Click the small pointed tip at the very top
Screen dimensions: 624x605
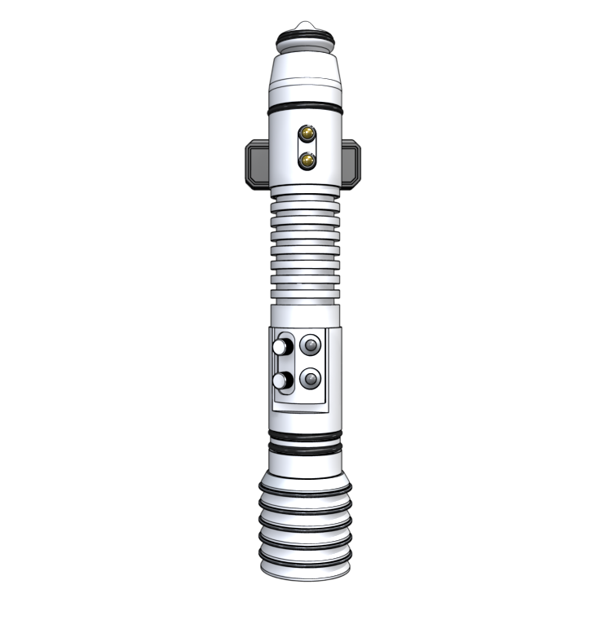point(304,25)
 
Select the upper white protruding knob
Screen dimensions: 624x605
point(280,348)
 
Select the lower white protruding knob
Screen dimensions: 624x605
point(280,381)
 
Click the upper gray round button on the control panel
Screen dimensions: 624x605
point(311,346)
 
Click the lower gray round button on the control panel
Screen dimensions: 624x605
point(311,380)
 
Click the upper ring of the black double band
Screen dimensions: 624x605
point(304,439)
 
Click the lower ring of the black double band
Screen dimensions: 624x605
point(304,450)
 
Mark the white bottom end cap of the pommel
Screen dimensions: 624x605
point(304,573)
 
